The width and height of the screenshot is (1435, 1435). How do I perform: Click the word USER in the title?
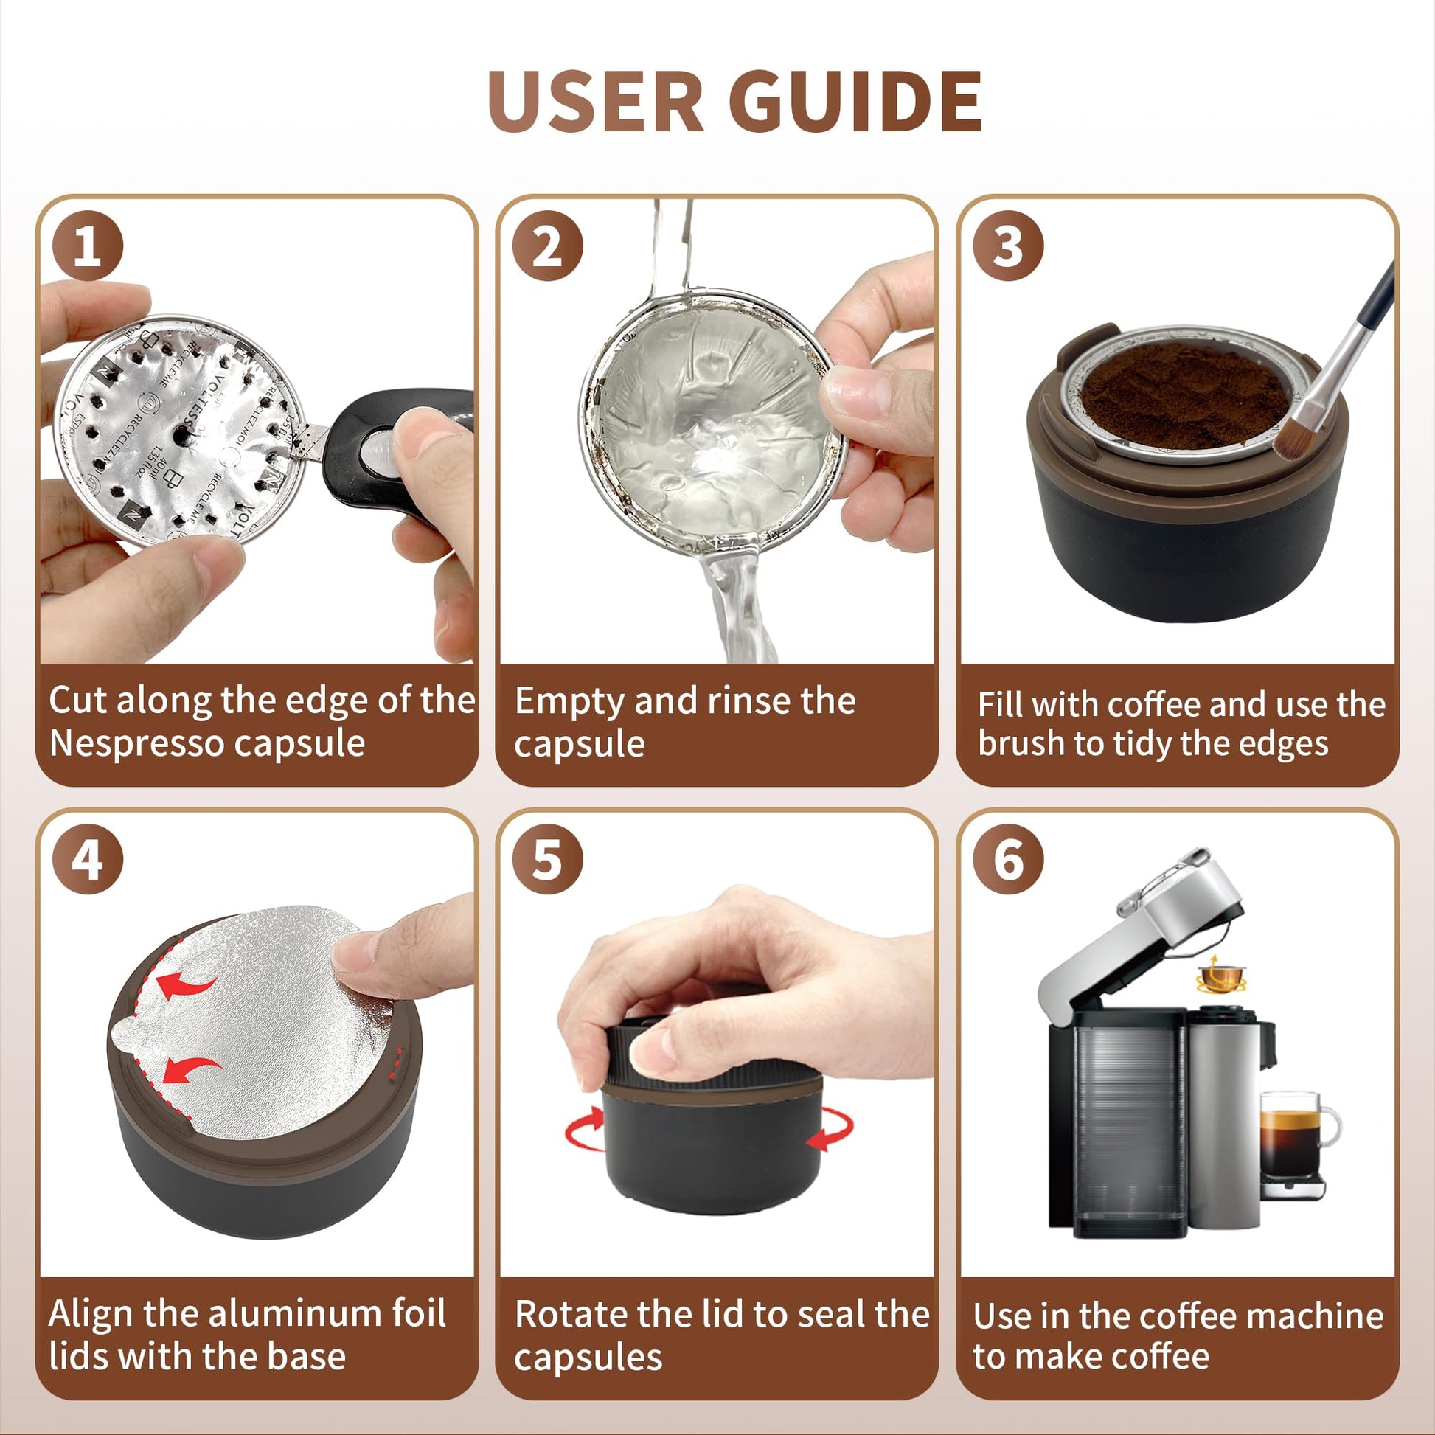tap(595, 102)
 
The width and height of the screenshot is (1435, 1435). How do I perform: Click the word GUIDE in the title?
tap(855, 102)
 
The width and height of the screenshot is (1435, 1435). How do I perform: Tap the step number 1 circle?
tap(87, 246)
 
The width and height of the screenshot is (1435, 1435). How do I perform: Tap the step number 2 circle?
tap(547, 246)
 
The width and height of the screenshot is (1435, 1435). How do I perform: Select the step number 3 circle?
tap(1008, 246)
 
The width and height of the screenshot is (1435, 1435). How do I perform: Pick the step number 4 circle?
tap(87, 860)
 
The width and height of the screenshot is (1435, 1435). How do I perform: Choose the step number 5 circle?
tap(547, 860)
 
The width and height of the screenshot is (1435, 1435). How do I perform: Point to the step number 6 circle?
tap(1008, 860)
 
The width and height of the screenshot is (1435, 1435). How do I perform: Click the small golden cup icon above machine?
tap(1220, 976)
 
